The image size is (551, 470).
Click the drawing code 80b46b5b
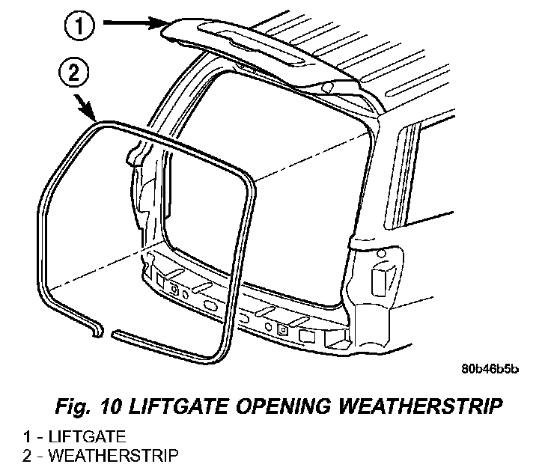coord(490,370)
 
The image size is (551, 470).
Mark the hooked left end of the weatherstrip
coord(97,329)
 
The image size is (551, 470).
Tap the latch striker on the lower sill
coord(281,328)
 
